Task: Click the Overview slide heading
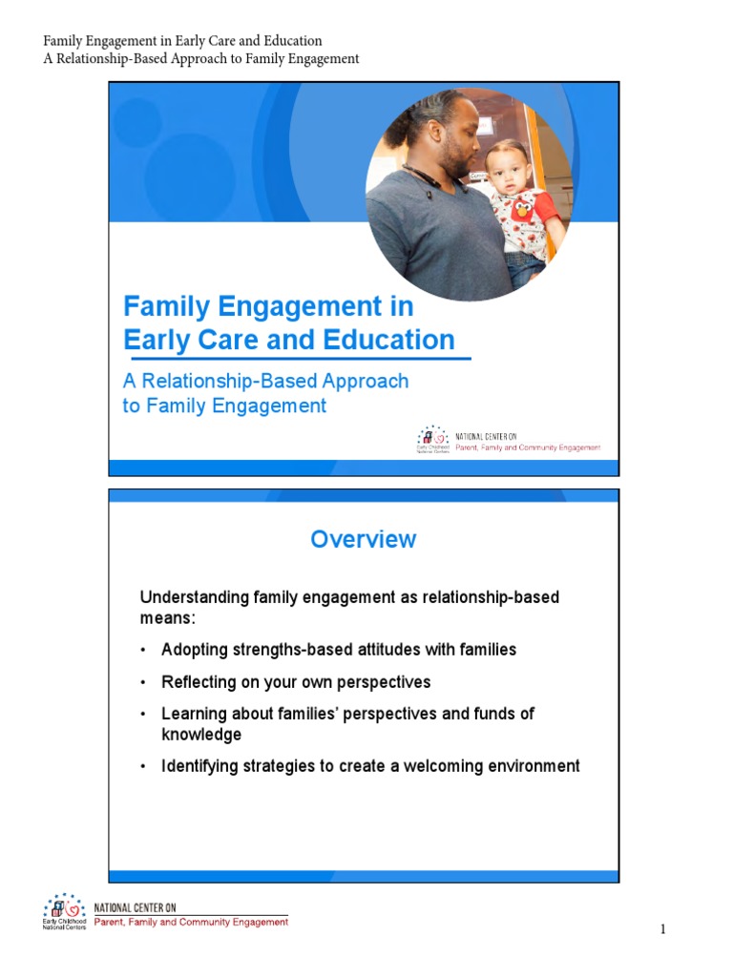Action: pyautogui.click(x=363, y=539)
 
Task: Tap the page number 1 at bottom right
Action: pyautogui.click(x=660, y=929)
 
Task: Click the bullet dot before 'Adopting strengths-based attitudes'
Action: pyautogui.click(x=142, y=651)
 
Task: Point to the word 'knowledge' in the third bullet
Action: pyautogui.click(x=201, y=735)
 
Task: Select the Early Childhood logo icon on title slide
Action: pyautogui.click(x=431, y=436)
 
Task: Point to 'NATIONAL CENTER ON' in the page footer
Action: pyautogui.click(x=135, y=907)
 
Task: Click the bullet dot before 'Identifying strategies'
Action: pyautogui.click(x=142, y=767)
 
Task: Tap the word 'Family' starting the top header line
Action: pyautogui.click(x=65, y=41)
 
